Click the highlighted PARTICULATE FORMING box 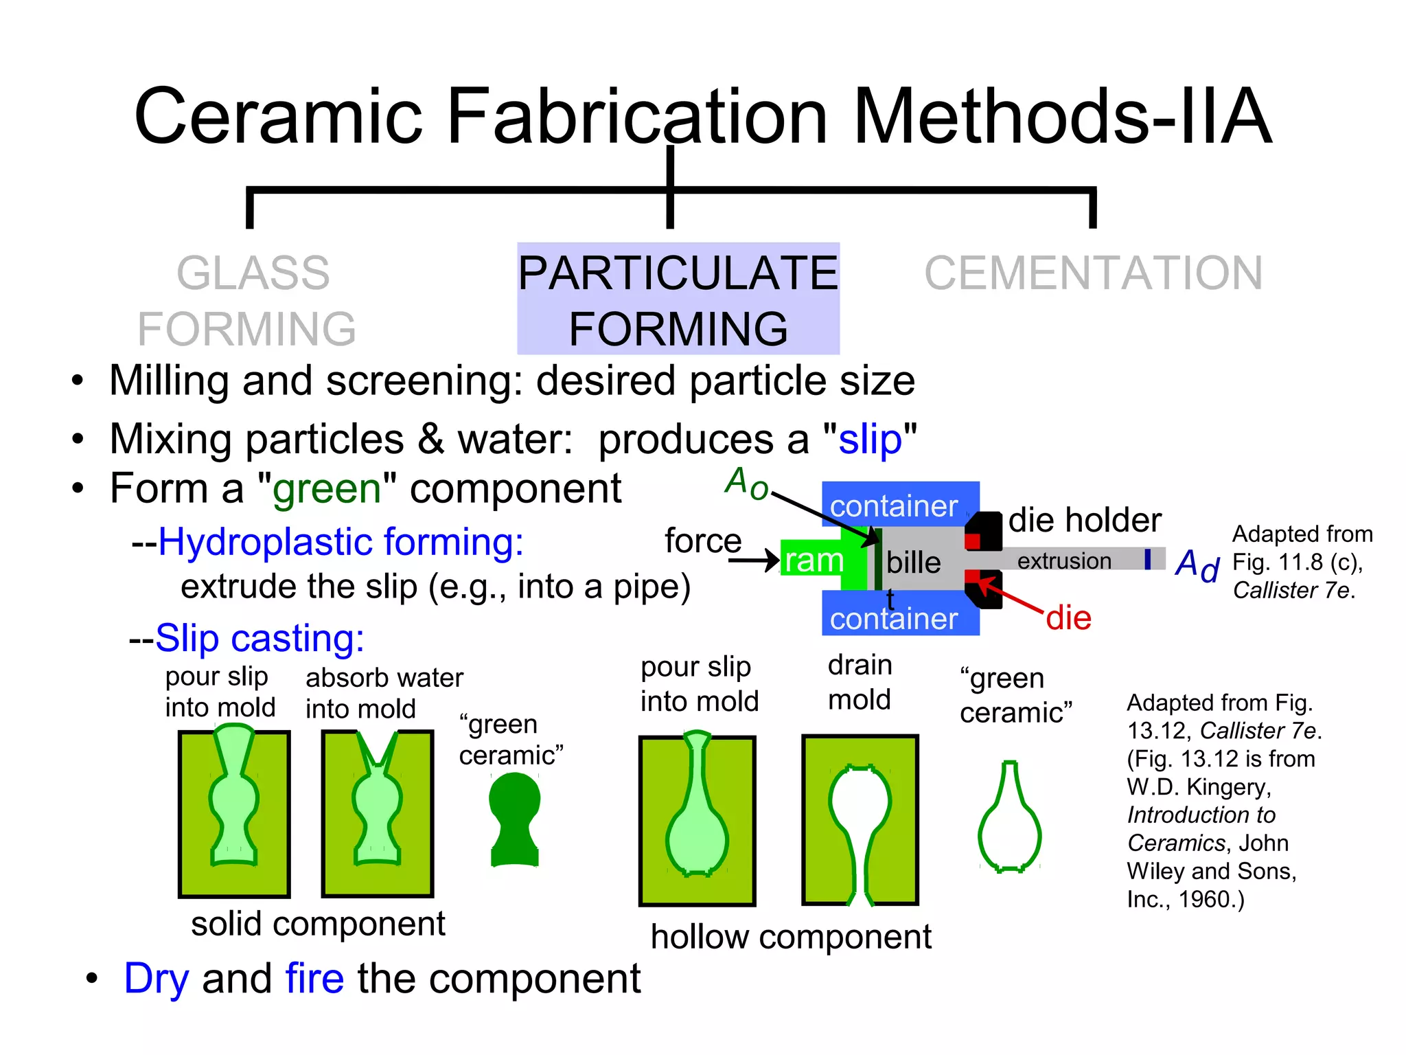(x=678, y=299)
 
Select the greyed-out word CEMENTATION (x=1093, y=273)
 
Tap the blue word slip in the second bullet (x=870, y=440)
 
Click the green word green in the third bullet (x=327, y=489)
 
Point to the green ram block (x=814, y=560)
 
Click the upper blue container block (x=899, y=504)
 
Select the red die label (x=1068, y=618)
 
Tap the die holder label (x=1085, y=520)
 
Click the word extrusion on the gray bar (x=1064, y=561)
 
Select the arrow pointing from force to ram (x=754, y=561)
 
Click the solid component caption (x=318, y=924)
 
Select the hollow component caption (x=791, y=937)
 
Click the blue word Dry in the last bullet (x=156, y=979)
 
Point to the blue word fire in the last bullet (x=314, y=979)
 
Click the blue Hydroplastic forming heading (x=341, y=543)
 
